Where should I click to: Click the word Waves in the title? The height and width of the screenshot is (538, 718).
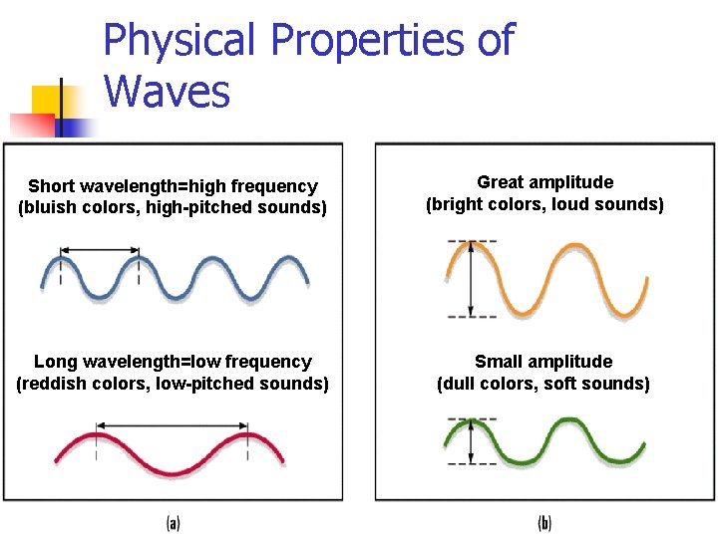click(167, 92)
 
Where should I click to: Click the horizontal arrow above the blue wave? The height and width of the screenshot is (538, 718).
click(99, 249)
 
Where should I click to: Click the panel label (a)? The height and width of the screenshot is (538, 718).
click(172, 521)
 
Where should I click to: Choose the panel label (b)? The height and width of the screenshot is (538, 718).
click(544, 521)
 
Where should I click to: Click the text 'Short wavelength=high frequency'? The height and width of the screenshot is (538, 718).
click(173, 186)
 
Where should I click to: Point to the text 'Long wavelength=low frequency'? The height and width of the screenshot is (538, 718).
click(173, 362)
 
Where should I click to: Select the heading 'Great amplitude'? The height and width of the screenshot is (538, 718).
click(544, 182)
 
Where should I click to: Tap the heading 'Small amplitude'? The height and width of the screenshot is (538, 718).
click(543, 362)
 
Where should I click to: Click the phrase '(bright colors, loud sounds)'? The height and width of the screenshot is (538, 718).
click(544, 204)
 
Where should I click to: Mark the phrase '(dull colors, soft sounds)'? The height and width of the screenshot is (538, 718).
click(543, 384)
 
